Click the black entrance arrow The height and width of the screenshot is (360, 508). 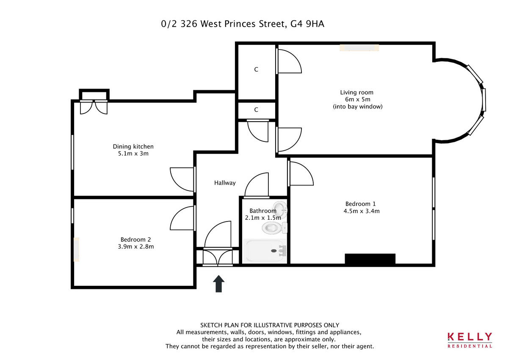pyautogui.click(x=218, y=284)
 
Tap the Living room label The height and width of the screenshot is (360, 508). pyautogui.click(x=357, y=92)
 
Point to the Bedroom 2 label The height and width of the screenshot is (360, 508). pyautogui.click(x=135, y=239)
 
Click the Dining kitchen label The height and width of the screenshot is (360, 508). pyautogui.click(x=133, y=147)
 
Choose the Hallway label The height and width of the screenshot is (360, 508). pyautogui.click(x=224, y=183)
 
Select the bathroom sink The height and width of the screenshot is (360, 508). pyautogui.click(x=281, y=208)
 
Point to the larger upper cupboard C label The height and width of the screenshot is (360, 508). pyautogui.click(x=256, y=69)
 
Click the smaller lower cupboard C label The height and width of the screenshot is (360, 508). pyautogui.click(x=256, y=110)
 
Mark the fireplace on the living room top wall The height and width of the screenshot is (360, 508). pyautogui.click(x=359, y=48)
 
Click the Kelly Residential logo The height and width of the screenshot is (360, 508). pyautogui.click(x=470, y=340)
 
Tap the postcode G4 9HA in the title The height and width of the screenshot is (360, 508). pyautogui.click(x=307, y=24)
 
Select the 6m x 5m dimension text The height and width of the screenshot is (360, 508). pyautogui.click(x=357, y=100)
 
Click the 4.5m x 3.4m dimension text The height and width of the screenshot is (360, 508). pyautogui.click(x=362, y=210)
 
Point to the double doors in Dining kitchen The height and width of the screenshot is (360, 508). pyautogui.click(x=94, y=107)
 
